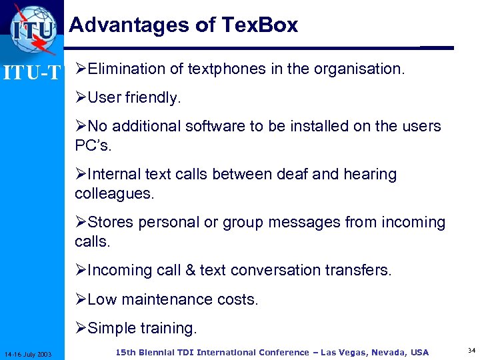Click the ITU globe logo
pyautogui.click(x=33, y=28)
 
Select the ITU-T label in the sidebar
pyautogui.click(x=31, y=71)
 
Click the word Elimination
pyautogui.click(x=126, y=68)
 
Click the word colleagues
pyautogui.click(x=114, y=193)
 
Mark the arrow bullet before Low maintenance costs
pyautogui.click(x=80, y=299)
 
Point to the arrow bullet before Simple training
pyautogui.click(x=80, y=328)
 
